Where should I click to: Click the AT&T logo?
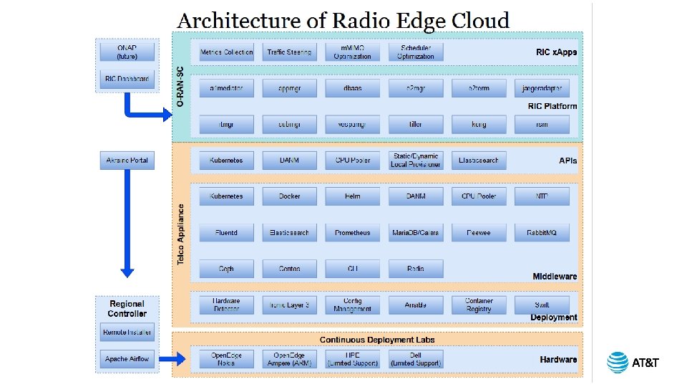[633, 363]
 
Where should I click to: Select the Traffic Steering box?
[289, 52]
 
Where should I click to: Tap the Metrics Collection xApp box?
[226, 52]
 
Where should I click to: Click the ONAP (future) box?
[127, 52]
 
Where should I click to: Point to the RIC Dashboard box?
[127, 80]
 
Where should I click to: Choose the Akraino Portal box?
[127, 161]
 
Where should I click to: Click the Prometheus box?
[353, 233]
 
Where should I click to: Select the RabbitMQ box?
[542, 233]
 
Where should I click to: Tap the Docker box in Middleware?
[289, 196]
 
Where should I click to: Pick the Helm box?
[353, 196]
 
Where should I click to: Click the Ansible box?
[416, 305]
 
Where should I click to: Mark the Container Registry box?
[479, 305]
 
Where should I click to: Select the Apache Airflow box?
[127, 359]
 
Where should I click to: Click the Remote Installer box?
[127, 333]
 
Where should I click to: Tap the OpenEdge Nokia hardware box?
[226, 359]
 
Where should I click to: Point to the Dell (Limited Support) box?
[416, 359]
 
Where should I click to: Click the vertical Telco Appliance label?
[181, 234]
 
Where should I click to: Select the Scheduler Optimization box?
[416, 52]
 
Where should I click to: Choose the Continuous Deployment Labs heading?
[377, 340]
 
